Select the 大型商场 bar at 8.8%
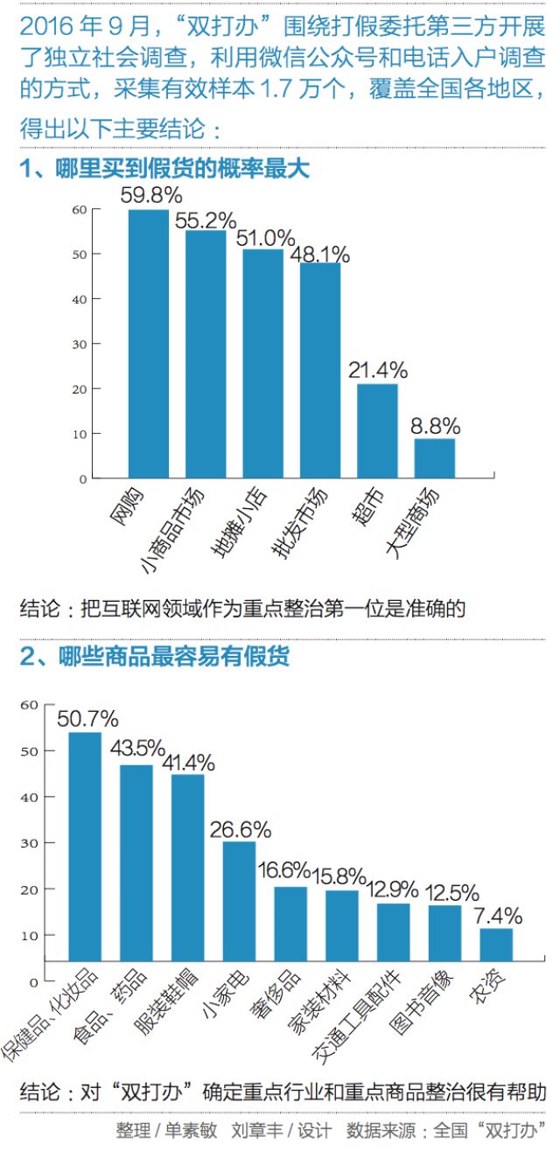click(x=435, y=458)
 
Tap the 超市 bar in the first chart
click(x=377, y=431)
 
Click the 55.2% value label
click(x=206, y=220)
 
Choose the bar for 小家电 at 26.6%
click(x=239, y=901)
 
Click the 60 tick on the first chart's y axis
click(x=80, y=209)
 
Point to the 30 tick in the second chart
click(x=30, y=843)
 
